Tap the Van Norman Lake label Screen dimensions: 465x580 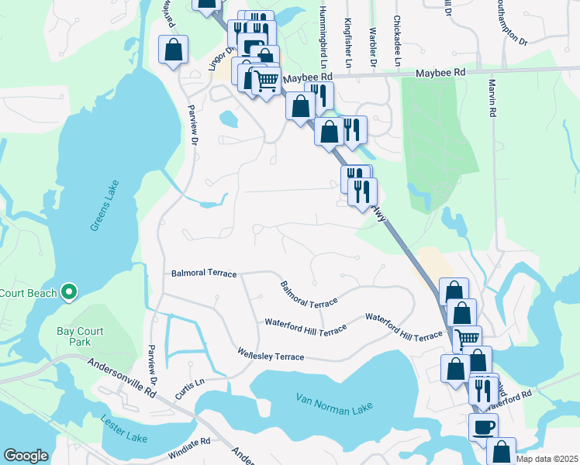334,403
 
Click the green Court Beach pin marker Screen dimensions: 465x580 69,292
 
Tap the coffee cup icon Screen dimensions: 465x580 483,425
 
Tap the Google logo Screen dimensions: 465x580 26,455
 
